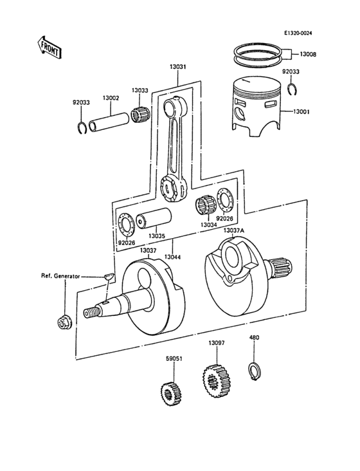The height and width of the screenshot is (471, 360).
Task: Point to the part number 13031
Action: [x=178, y=66]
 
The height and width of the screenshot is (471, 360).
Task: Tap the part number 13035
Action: [x=157, y=236]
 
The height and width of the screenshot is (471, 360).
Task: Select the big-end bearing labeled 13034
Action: [x=205, y=207]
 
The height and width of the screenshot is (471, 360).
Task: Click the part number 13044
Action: [x=172, y=257]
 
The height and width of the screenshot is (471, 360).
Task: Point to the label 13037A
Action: [x=234, y=230]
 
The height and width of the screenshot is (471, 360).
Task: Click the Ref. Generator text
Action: [x=60, y=276]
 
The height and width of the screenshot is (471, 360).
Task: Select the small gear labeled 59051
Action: [x=168, y=392]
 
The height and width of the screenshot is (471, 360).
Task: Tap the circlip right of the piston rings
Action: [x=292, y=89]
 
